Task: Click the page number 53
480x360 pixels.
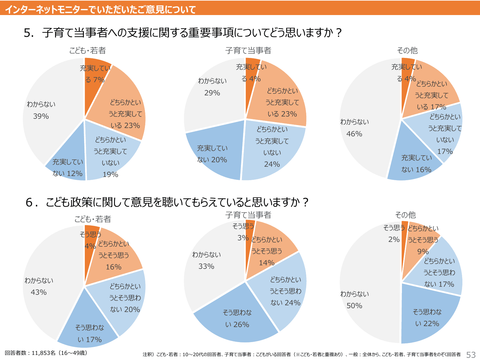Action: click(471, 355)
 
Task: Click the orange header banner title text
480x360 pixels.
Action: click(100, 9)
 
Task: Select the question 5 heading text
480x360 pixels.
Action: click(183, 33)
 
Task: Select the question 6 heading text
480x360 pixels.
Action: click(167, 202)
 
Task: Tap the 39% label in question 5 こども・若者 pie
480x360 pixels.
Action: click(41, 116)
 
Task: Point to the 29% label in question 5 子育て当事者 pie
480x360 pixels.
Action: click(212, 93)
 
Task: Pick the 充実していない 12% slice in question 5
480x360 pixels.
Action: click(68, 168)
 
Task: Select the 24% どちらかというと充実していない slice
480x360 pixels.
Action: click(272, 147)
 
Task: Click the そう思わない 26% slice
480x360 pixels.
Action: click(237, 318)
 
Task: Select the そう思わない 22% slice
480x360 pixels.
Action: click(427, 318)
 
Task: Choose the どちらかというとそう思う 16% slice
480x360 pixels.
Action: click(114, 256)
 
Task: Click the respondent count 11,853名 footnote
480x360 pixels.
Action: click(46, 353)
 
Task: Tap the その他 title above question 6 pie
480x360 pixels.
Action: click(405, 215)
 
